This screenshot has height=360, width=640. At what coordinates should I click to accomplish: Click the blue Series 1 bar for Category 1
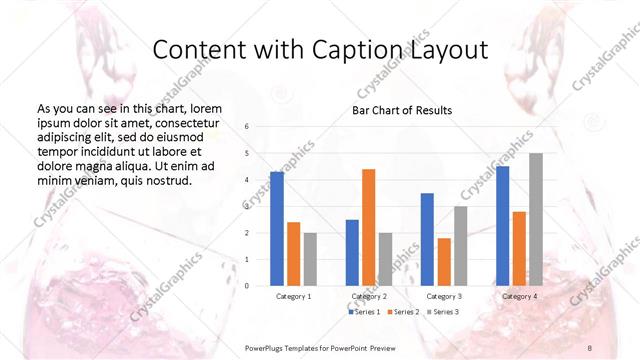coord(277,229)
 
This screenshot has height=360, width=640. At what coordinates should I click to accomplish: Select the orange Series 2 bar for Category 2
coord(368,227)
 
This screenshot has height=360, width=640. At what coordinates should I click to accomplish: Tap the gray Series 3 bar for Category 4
coord(536,219)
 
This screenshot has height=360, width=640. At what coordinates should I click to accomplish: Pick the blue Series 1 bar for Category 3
coord(427,239)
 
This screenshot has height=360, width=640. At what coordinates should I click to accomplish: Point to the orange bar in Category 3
coord(444,262)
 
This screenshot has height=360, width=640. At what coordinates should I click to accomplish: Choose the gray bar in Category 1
coord(310,259)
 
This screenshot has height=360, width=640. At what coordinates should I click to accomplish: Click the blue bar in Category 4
coord(502,225)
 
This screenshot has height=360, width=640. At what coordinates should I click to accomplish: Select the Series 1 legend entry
coord(364,313)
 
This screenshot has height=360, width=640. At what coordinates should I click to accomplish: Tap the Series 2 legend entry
coord(403,313)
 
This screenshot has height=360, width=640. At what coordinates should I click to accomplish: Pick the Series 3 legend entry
coord(443,313)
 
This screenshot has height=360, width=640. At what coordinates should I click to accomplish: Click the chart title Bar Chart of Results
coord(402,110)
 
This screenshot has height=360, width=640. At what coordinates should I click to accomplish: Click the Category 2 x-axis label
coord(368,297)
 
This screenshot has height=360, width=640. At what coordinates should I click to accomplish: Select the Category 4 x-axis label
coord(518,297)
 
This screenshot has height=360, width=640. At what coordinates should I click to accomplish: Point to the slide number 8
coord(589,346)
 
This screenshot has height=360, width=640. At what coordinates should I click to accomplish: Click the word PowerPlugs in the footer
coord(266,346)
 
